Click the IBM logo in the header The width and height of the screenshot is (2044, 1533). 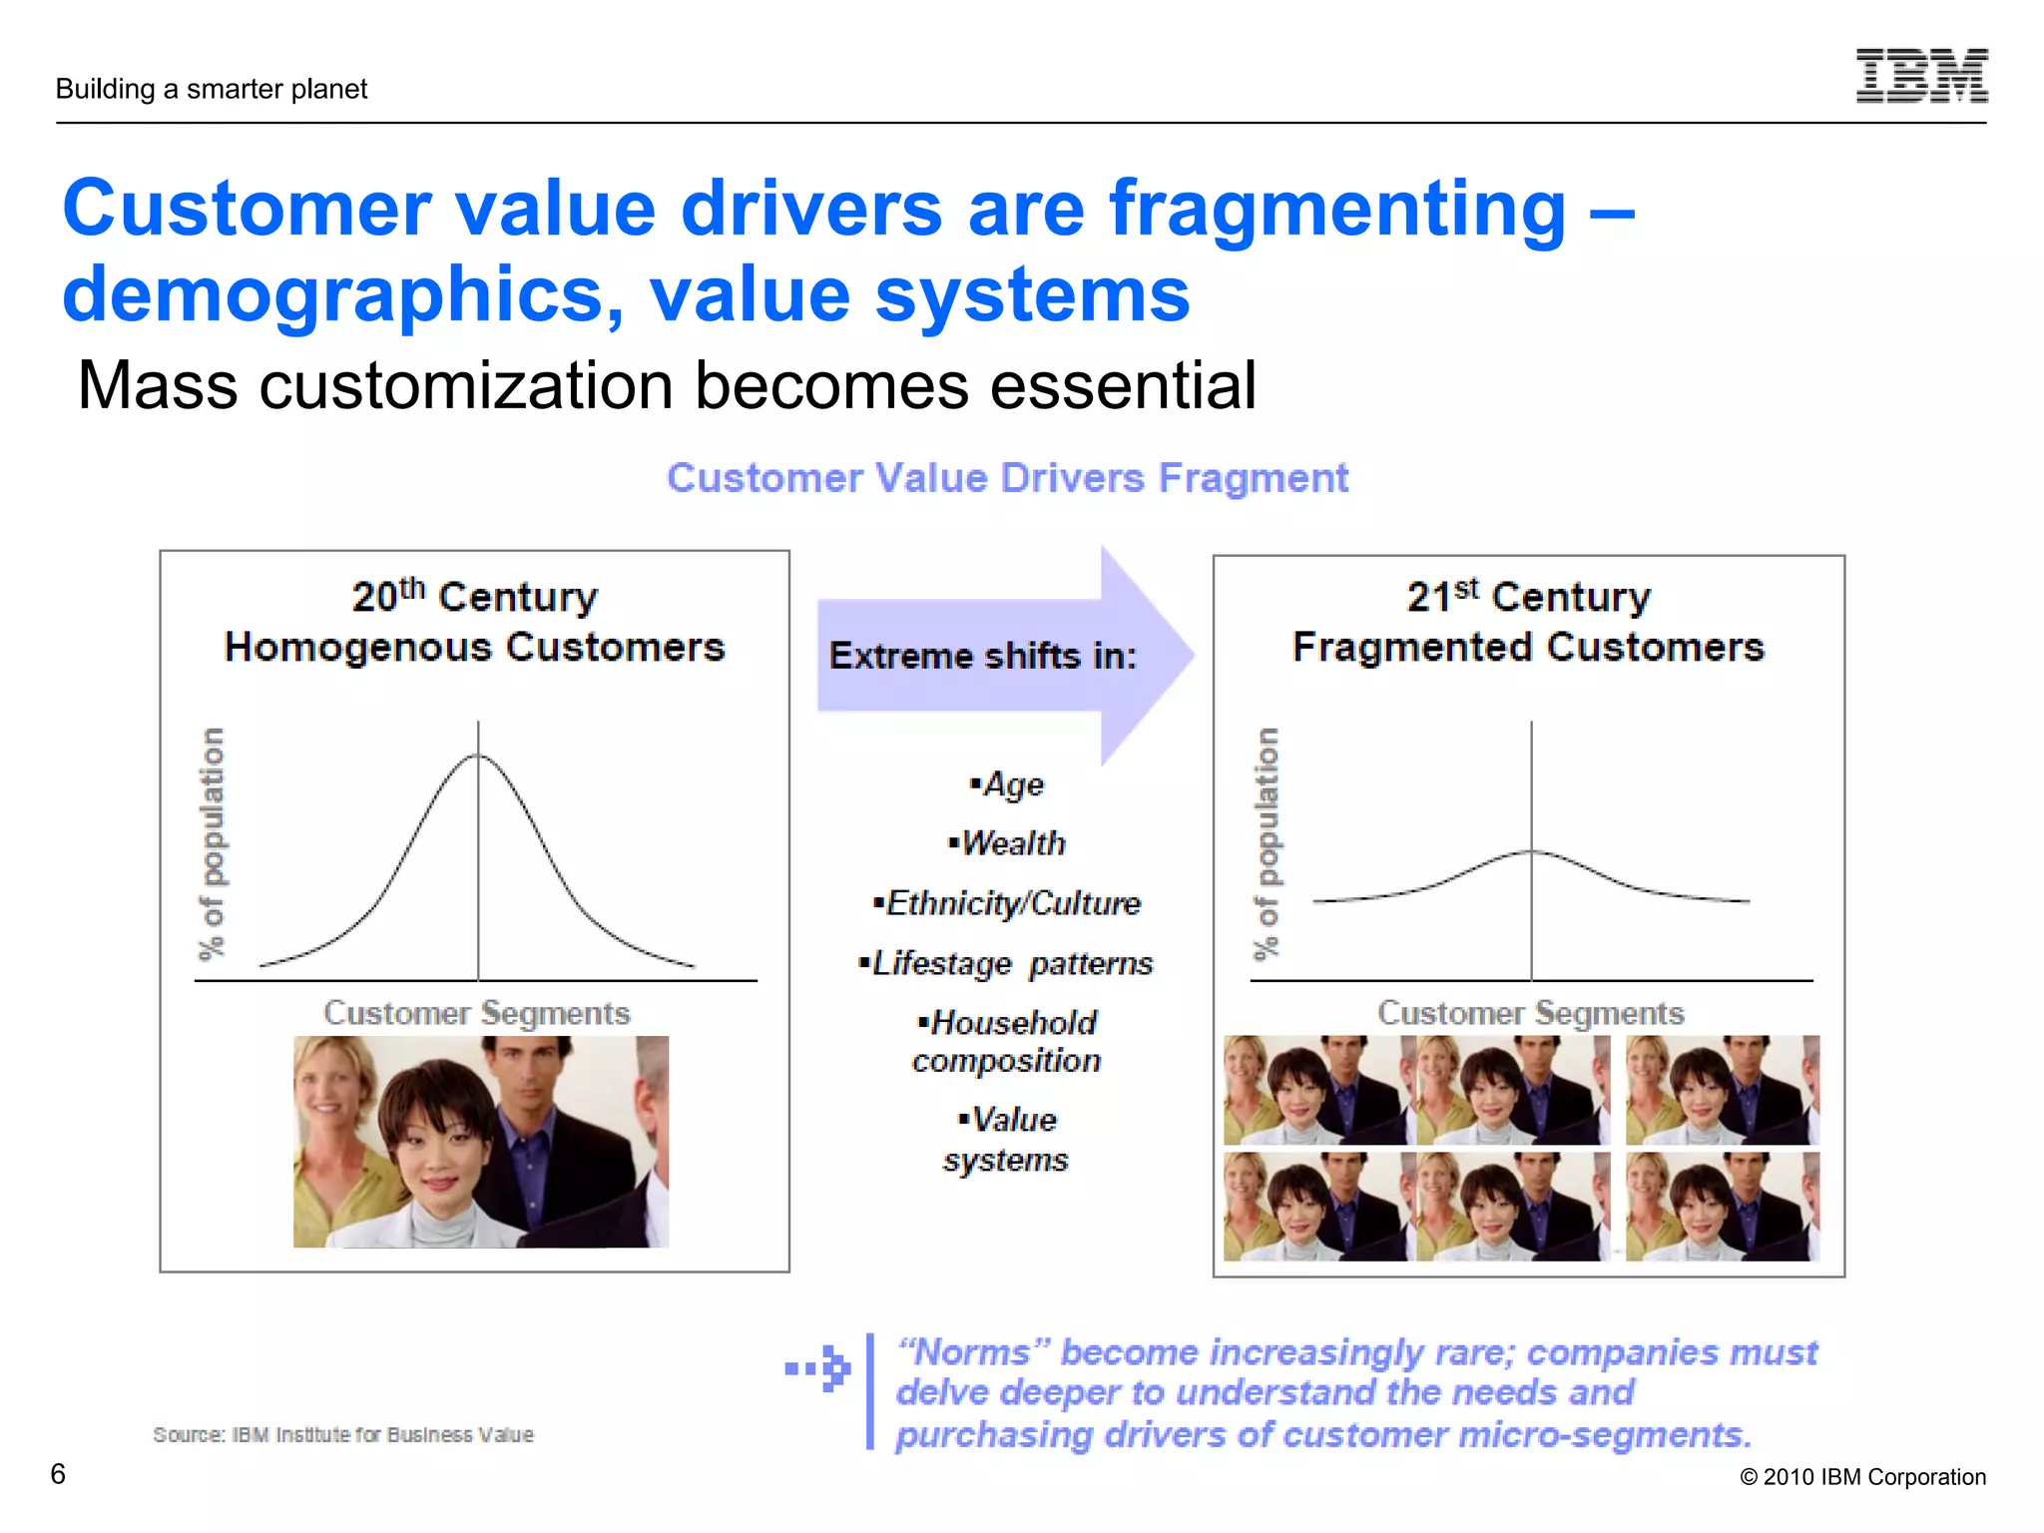[x=1921, y=76]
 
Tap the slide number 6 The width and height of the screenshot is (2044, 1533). [x=58, y=1473]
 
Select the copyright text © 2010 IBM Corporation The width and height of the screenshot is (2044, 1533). [x=1862, y=1477]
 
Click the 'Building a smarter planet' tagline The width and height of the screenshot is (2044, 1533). [x=212, y=89]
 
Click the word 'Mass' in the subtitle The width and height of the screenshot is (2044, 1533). [x=158, y=385]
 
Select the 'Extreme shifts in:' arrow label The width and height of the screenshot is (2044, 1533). [x=983, y=656]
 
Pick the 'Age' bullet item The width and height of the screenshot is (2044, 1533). [x=1007, y=784]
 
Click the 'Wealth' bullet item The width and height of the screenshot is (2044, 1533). [x=1007, y=843]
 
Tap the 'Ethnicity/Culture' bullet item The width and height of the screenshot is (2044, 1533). [x=1007, y=903]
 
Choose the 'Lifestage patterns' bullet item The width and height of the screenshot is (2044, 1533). [x=1007, y=963]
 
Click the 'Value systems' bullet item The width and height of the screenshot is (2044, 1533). [x=1007, y=1140]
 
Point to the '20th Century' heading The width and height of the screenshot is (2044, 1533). [x=475, y=597]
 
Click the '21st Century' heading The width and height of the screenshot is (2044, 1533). [x=1528, y=597]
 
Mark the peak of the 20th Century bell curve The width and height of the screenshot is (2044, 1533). [x=478, y=756]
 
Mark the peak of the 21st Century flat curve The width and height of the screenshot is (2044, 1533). [x=1532, y=850]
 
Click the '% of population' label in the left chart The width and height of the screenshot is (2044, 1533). [x=212, y=843]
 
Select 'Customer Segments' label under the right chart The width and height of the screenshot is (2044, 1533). [x=1531, y=1013]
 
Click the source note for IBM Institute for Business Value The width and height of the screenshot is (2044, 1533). [x=343, y=1435]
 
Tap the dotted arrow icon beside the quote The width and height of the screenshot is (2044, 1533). [x=818, y=1368]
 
